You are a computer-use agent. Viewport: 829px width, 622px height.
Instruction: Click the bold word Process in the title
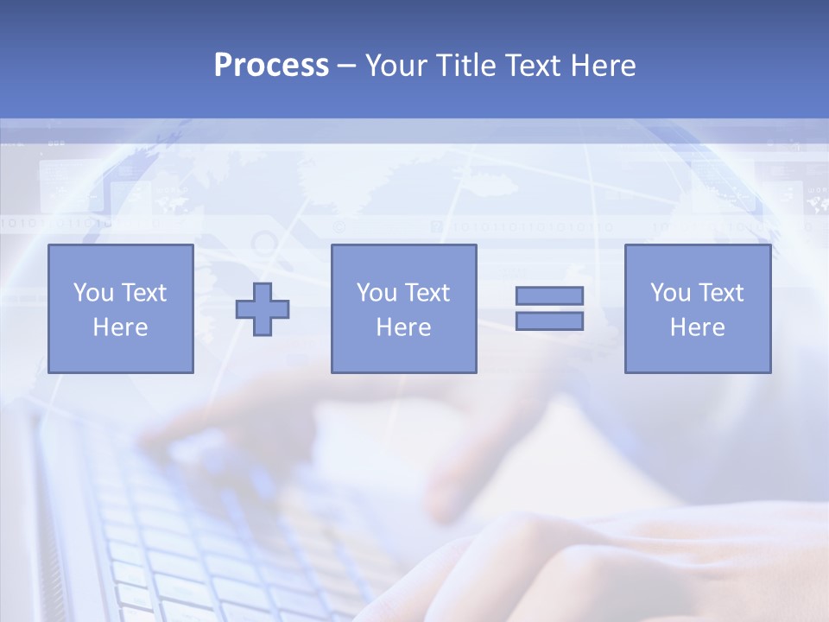coord(271,65)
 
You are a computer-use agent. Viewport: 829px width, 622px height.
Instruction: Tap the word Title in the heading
coord(467,65)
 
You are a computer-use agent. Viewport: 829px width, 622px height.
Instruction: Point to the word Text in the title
coord(532,65)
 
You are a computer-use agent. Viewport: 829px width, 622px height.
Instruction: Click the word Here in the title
coord(603,65)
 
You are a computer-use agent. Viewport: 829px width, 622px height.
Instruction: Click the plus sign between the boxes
coord(263,309)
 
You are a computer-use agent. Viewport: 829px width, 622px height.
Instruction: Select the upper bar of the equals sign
coord(549,295)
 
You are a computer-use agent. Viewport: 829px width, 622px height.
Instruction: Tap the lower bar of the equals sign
coord(549,321)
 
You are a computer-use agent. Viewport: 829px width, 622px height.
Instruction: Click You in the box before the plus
coord(92,293)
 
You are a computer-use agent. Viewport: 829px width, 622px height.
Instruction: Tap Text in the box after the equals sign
coord(721,293)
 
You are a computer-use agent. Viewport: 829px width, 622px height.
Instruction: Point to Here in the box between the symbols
coord(403,327)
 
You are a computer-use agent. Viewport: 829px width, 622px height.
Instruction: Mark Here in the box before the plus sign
coord(120,327)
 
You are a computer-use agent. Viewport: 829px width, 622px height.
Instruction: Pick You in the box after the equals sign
coord(670,293)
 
